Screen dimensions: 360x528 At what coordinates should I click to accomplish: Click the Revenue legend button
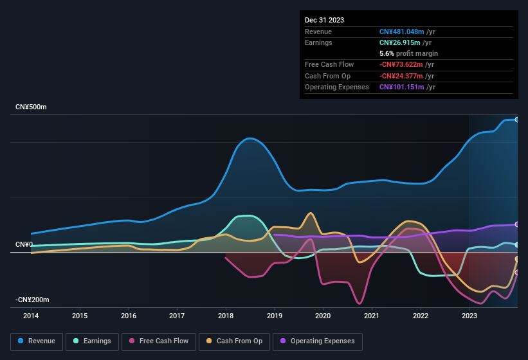tap(37, 341)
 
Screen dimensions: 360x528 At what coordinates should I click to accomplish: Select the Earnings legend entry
tap(92, 341)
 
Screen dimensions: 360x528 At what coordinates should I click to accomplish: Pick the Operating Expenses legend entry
tap(318, 341)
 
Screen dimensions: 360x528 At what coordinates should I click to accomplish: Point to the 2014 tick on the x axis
tap(31, 316)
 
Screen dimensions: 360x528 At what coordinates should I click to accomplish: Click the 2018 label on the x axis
tap(226, 316)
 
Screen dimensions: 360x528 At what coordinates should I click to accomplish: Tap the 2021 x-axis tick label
tap(372, 316)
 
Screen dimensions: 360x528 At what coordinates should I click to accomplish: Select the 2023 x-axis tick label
tap(469, 316)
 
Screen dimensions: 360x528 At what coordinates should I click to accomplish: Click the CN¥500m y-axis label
tap(31, 107)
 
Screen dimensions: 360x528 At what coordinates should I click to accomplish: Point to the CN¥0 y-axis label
tap(24, 245)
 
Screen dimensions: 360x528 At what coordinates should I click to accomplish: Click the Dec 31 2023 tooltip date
tap(324, 20)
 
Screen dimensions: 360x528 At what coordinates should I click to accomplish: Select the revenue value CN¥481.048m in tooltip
tap(401, 32)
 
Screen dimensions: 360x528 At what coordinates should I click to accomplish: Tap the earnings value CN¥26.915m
tap(399, 42)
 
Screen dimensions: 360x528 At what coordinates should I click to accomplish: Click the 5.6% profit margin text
tap(408, 53)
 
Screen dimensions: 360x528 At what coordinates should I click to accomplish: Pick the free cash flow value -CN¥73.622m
tap(401, 64)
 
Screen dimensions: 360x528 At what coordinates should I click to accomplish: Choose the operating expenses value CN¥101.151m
tap(401, 87)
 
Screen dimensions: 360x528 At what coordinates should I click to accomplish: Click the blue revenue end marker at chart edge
tap(517, 120)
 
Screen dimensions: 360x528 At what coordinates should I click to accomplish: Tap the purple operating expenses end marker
tap(517, 224)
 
